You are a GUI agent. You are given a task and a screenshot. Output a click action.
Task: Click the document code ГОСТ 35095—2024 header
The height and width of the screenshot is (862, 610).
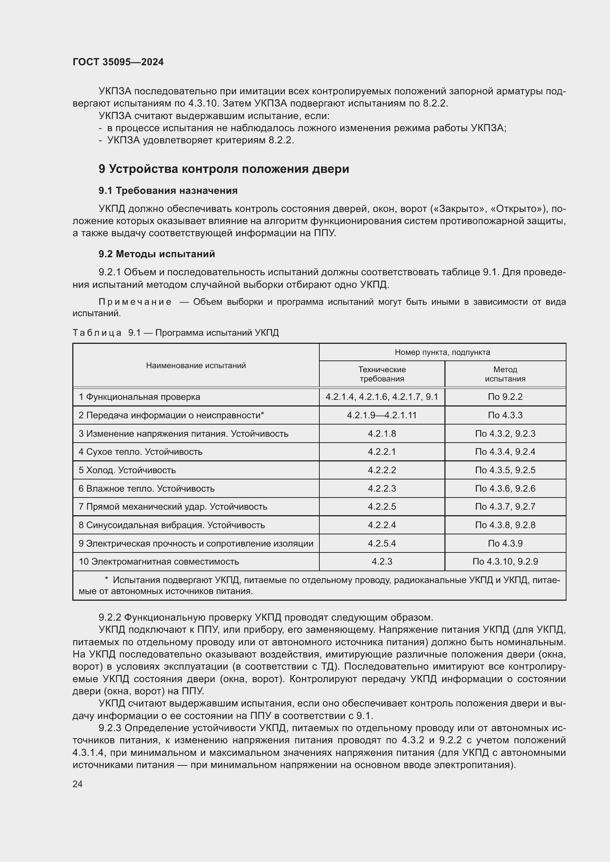tap(118, 62)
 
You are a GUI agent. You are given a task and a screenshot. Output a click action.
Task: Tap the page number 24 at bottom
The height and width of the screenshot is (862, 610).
tap(77, 784)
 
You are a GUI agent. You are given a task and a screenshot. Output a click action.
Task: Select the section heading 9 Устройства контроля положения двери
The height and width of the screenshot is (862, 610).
tap(223, 169)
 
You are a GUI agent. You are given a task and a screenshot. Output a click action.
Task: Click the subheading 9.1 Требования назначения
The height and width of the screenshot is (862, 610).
tap(168, 191)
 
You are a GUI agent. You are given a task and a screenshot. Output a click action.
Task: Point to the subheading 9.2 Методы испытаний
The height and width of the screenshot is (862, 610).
tap(157, 254)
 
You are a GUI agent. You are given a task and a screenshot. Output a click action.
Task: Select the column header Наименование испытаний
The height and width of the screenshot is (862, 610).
tap(196, 365)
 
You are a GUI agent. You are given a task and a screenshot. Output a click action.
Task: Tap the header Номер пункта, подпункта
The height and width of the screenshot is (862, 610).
tap(442, 352)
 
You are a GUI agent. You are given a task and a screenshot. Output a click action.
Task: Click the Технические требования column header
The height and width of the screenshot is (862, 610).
tap(382, 374)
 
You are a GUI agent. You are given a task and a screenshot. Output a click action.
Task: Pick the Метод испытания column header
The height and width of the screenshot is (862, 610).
tap(505, 374)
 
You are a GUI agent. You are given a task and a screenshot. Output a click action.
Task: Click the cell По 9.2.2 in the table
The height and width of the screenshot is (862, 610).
tap(505, 397)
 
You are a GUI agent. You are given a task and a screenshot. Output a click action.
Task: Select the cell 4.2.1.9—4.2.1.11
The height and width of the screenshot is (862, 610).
tap(382, 415)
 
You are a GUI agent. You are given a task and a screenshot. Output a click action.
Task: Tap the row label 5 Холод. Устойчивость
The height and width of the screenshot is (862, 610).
tap(127, 470)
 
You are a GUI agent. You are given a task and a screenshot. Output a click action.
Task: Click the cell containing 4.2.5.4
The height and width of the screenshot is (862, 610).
tap(382, 543)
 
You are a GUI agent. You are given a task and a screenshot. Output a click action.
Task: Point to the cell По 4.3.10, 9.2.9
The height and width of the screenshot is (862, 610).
tap(505, 562)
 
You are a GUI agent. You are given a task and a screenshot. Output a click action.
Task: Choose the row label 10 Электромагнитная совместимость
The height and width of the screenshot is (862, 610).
tap(159, 562)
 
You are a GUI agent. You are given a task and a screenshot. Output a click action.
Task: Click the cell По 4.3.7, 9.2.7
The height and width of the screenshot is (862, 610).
tap(505, 506)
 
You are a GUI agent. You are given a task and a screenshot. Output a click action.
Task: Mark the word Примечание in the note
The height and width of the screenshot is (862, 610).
tap(135, 302)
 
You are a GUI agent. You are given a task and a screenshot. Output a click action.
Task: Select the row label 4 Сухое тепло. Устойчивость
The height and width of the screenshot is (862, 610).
tap(140, 452)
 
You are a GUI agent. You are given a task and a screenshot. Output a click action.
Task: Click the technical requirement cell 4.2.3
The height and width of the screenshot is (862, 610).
tap(382, 562)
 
